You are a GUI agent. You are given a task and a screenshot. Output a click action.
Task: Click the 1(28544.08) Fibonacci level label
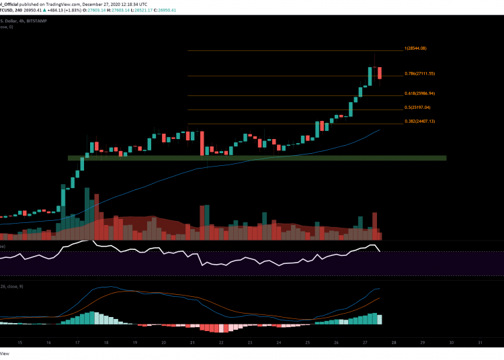tap(415, 48)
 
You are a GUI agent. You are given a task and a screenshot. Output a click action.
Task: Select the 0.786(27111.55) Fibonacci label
tap(420, 73)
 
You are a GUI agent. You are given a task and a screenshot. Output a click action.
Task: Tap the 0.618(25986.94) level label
tap(420, 93)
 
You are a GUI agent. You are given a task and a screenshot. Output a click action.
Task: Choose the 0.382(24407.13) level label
tap(420, 122)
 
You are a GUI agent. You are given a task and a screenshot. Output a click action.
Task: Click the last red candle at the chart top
tap(380, 73)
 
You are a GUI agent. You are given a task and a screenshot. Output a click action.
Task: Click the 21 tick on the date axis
tap(192, 342)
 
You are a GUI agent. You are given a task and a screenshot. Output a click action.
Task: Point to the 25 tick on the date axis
tap(307, 342)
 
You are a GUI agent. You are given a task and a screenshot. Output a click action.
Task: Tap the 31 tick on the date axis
tap(479, 342)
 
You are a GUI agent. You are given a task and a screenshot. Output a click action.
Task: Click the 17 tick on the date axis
tap(78, 342)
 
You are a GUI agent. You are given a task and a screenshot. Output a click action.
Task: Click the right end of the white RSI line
tap(380, 252)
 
